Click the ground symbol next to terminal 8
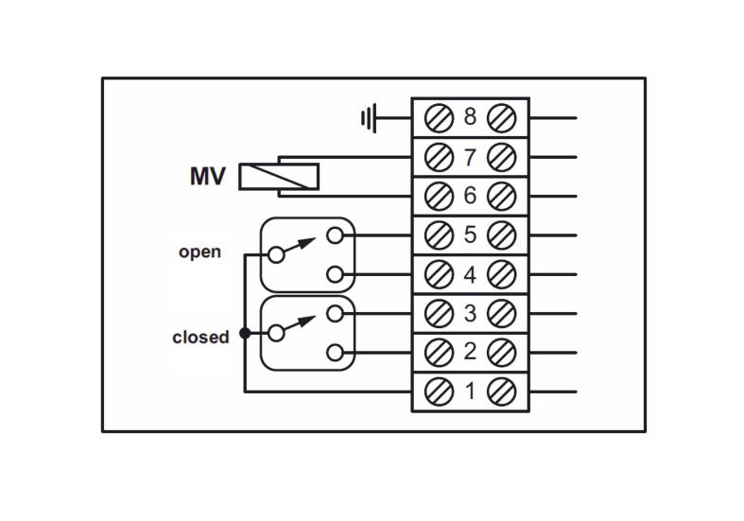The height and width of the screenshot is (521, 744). pyautogui.click(x=369, y=117)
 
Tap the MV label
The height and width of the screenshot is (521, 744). pyautogui.click(x=208, y=177)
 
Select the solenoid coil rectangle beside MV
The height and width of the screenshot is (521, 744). pyautogui.click(x=279, y=177)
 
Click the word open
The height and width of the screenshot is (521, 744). pyautogui.click(x=199, y=252)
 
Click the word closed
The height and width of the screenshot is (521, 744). pyautogui.click(x=200, y=337)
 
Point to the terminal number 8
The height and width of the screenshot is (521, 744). pyautogui.click(x=470, y=116)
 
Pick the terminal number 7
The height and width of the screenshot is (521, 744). pyautogui.click(x=470, y=157)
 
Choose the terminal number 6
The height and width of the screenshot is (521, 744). pyautogui.click(x=470, y=196)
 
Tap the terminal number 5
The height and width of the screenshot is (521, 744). pyautogui.click(x=470, y=234)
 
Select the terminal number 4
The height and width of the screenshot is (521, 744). pyautogui.click(x=470, y=275)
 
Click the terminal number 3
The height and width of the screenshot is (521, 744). pyautogui.click(x=470, y=313)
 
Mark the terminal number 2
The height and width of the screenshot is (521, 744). pyautogui.click(x=470, y=352)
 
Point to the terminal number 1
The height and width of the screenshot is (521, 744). pyautogui.click(x=470, y=391)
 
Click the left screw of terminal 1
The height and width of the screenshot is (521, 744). pyautogui.click(x=439, y=392)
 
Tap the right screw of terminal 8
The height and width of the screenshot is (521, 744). pyautogui.click(x=502, y=117)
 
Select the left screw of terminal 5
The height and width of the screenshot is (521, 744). pyautogui.click(x=439, y=235)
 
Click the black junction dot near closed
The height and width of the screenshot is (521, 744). pyautogui.click(x=245, y=333)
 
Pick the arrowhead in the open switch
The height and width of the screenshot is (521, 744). pyautogui.click(x=307, y=242)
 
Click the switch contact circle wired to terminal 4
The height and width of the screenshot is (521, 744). pyautogui.click(x=335, y=274)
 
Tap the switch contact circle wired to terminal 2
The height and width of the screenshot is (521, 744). pyautogui.click(x=335, y=353)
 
